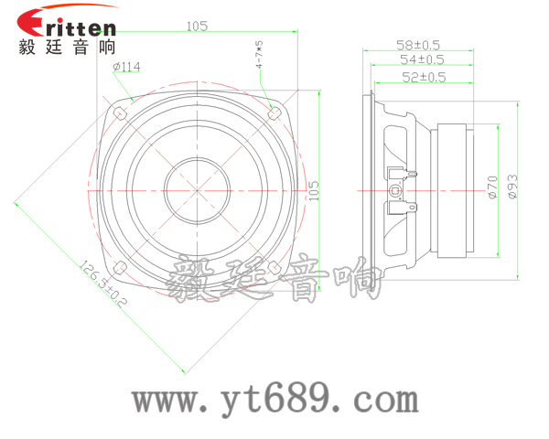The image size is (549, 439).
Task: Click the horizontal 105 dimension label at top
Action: [197, 27]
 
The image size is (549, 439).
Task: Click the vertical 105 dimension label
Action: [314, 190]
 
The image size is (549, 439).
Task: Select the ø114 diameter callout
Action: [126, 67]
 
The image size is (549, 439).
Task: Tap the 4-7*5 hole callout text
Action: [259, 54]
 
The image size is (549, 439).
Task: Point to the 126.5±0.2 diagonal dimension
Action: [102, 284]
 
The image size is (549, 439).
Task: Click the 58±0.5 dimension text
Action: [418, 45]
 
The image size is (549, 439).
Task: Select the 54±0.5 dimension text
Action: [422, 59]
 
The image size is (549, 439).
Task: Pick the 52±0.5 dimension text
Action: [424, 77]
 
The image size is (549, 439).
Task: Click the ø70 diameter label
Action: [492, 187]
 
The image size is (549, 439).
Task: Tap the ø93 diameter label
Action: [512, 187]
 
